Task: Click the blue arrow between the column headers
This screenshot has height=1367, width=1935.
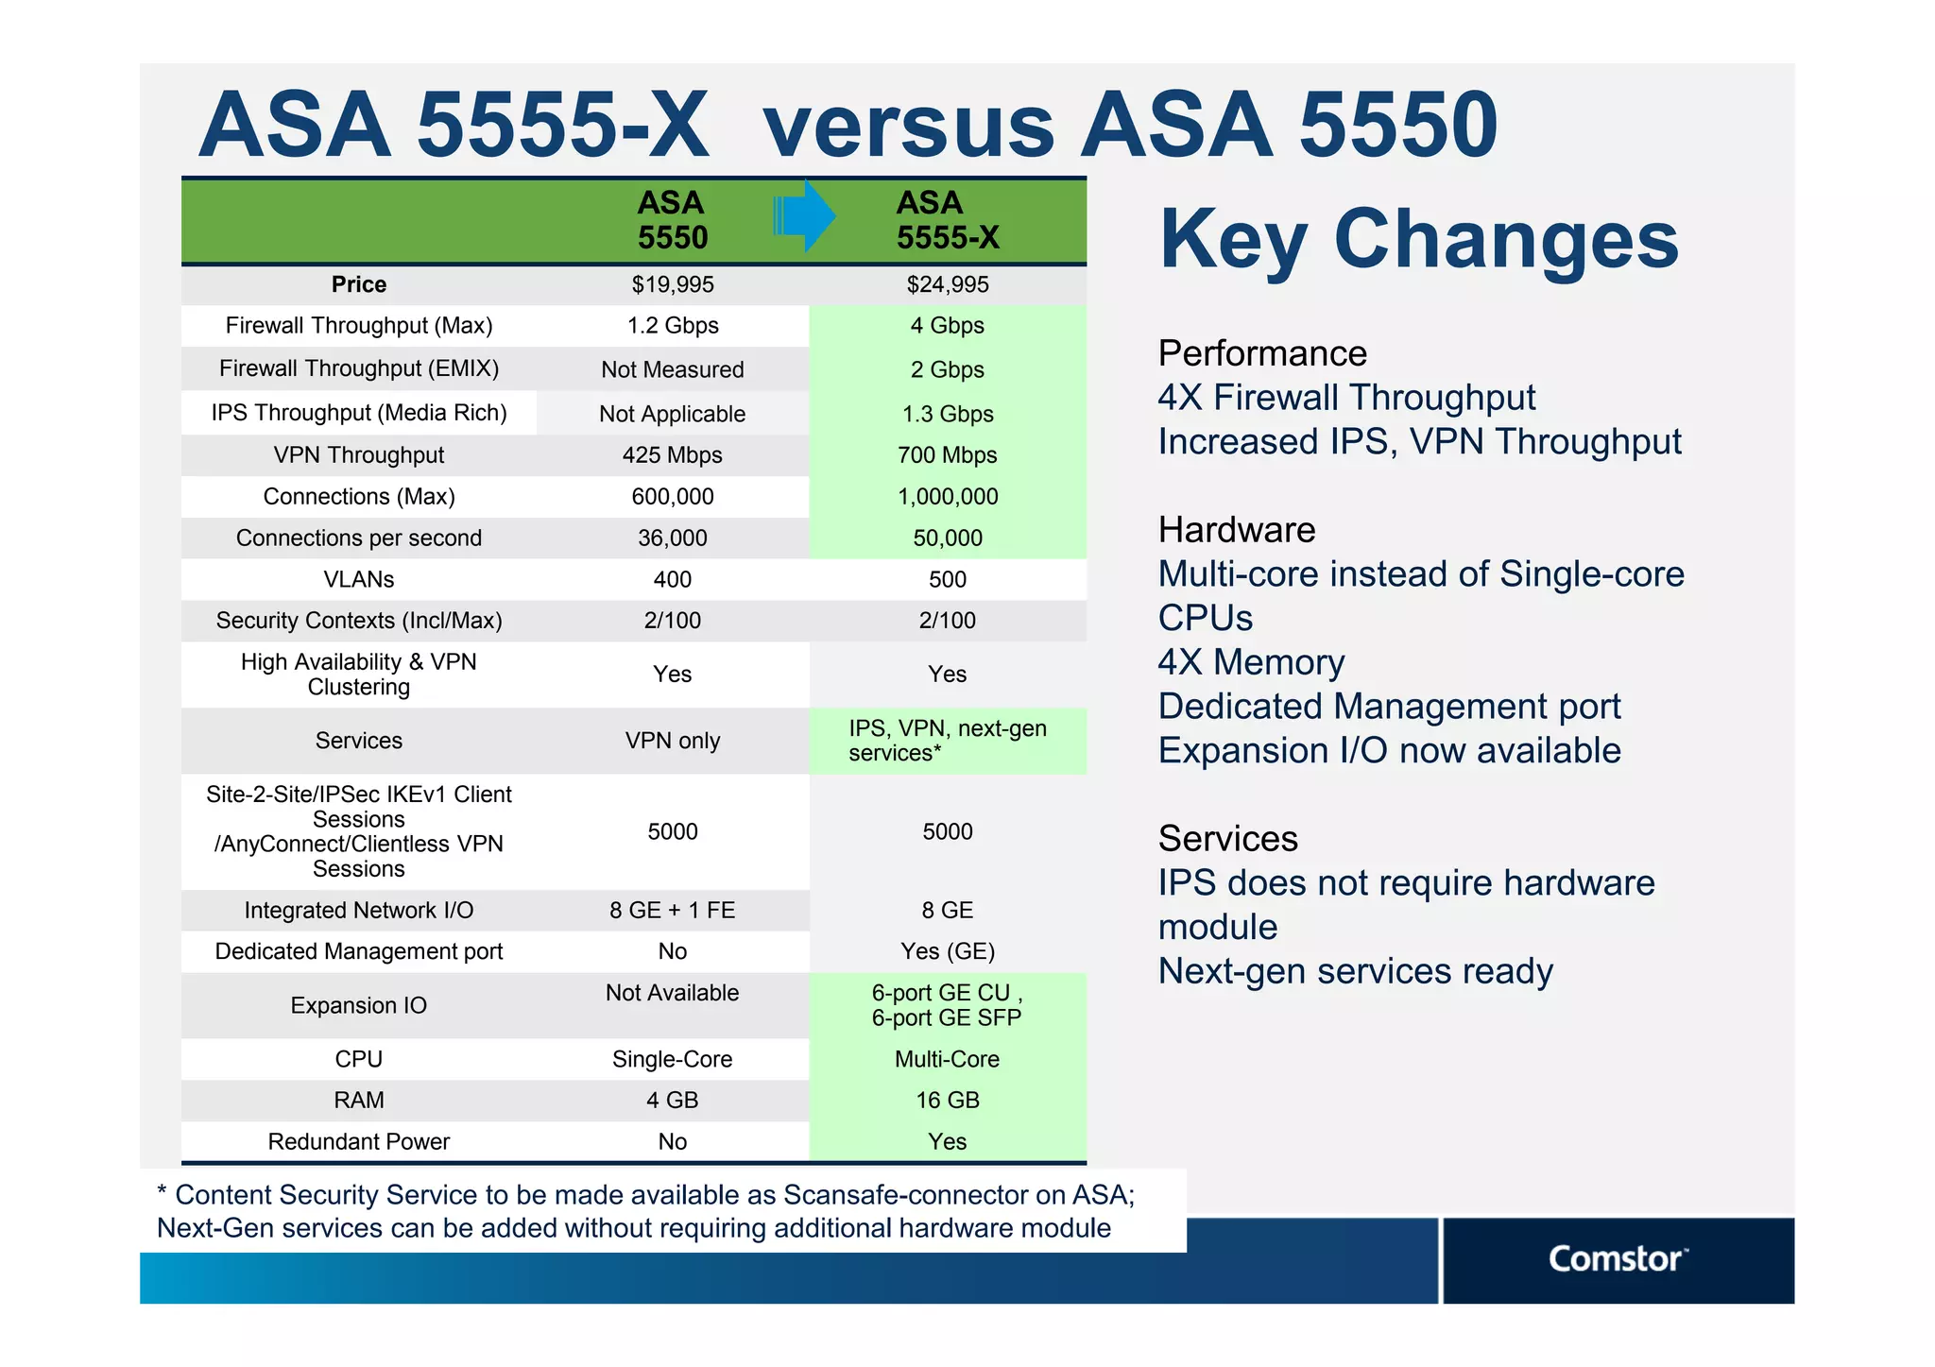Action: [803, 216]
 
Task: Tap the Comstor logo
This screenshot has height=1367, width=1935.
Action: [1616, 1259]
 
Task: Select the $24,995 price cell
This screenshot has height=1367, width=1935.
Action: [947, 284]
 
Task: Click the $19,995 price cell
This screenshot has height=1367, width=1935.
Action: [672, 284]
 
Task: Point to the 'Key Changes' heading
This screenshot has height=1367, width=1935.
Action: [1418, 239]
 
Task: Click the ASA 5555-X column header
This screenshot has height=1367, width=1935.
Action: [947, 220]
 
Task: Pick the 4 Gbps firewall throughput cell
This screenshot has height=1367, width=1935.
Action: [947, 326]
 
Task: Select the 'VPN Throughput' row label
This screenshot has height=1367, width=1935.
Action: [358, 455]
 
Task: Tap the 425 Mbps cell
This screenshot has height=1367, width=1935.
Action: [672, 455]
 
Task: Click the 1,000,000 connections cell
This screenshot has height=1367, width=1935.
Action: [947, 497]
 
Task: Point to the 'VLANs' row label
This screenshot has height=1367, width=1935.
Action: [358, 579]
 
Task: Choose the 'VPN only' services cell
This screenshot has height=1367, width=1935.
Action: [672, 741]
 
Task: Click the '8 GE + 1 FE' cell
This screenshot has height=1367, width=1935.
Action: [672, 910]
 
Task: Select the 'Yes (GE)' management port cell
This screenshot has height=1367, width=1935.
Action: [947, 951]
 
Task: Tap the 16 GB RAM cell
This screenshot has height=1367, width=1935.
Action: [947, 1100]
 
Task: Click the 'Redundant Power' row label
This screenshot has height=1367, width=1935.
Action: [358, 1141]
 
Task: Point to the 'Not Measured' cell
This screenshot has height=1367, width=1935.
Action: [672, 369]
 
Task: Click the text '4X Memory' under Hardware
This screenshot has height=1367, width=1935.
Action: [1251, 662]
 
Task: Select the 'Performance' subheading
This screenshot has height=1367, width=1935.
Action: [1262, 353]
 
